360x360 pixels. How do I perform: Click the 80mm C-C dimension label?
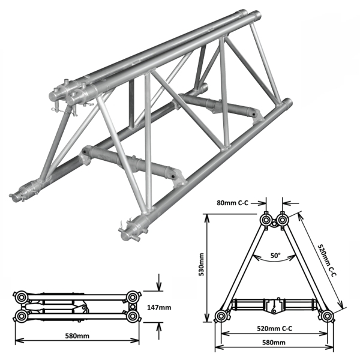[x=232, y=203]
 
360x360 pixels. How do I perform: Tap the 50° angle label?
[x=275, y=256]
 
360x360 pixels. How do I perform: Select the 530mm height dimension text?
[x=202, y=264]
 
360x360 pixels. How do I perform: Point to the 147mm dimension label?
[x=159, y=307]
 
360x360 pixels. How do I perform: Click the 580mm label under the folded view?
[x=77, y=336]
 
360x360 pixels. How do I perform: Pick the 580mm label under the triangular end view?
[x=274, y=343]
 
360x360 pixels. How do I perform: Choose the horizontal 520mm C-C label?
[x=275, y=329]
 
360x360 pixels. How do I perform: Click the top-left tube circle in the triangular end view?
[x=266, y=220]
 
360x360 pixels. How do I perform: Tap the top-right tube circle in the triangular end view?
[x=282, y=220]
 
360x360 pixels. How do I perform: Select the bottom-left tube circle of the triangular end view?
[x=221, y=316]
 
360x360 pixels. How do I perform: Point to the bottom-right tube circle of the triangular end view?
[x=327, y=316]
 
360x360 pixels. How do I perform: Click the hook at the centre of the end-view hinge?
[x=274, y=310]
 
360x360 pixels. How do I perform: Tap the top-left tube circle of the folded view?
[x=21, y=298]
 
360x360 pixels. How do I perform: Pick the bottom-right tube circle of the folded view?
[x=133, y=316]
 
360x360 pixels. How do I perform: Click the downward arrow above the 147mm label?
[x=158, y=282]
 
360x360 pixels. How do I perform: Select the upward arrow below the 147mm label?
[x=158, y=331]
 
